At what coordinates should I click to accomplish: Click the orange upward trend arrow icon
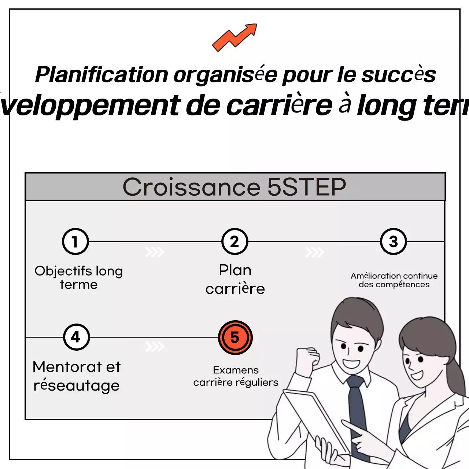234,37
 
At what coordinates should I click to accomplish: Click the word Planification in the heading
101,75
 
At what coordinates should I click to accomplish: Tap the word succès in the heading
398,75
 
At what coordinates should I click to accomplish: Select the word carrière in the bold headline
279,106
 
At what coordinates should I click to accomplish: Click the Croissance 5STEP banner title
234,187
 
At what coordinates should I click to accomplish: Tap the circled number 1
75,241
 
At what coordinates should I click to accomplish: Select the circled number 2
235,241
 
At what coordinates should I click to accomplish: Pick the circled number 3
394,241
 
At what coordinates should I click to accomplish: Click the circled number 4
76,337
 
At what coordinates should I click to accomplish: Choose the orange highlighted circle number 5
235,337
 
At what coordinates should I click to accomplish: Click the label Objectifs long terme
79,277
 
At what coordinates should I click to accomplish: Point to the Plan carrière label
235,279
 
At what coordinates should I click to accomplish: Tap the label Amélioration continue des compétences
394,280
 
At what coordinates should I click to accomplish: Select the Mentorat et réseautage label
77,376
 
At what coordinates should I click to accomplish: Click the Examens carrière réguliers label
236,376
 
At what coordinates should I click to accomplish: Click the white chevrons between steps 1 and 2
155,252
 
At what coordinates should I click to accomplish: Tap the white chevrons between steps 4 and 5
155,346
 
